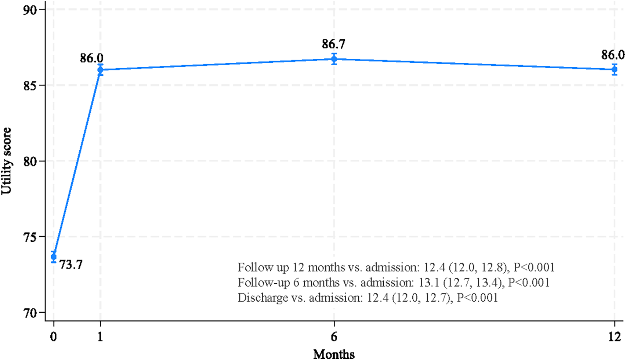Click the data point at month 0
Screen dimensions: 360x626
(54, 257)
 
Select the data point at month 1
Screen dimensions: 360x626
(100, 70)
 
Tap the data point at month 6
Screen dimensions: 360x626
(334, 59)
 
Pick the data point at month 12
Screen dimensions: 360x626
(614, 69)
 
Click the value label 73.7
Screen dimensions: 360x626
(71, 264)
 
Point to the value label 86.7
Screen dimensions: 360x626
(333, 44)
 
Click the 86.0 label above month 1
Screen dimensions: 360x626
(92, 58)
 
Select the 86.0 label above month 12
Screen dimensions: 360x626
(612, 55)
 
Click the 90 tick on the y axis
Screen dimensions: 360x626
(30, 10)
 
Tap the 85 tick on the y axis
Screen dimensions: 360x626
(30, 86)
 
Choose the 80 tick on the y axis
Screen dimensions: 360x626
(30, 161)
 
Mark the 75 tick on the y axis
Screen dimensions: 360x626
(30, 237)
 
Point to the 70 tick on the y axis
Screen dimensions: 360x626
(30, 313)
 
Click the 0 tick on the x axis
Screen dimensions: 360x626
(54, 337)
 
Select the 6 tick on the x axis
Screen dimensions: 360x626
(334, 337)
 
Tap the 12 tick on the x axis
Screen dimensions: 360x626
(614, 337)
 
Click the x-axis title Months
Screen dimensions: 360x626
(334, 354)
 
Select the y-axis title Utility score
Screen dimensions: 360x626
(7, 161)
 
